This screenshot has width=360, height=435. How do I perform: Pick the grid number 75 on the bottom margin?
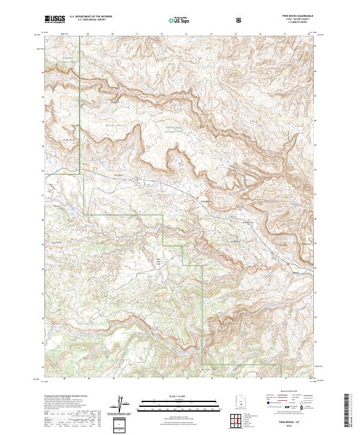tap(236, 379)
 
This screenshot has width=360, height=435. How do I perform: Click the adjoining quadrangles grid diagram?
tap(240, 421)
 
